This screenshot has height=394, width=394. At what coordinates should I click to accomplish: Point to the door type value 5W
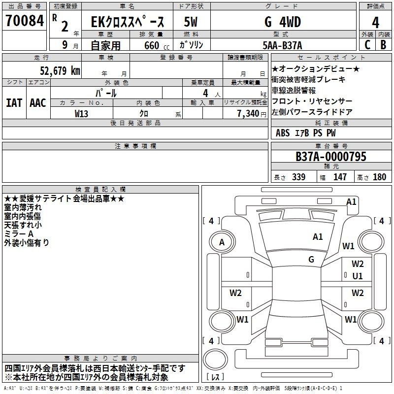192,22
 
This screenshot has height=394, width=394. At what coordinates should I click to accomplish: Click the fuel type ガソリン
191,45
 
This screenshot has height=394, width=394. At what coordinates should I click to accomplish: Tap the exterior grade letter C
367,45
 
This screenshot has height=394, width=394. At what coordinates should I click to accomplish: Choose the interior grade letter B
384,45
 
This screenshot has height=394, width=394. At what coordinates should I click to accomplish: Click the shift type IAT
14,103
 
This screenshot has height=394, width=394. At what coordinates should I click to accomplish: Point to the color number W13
82,114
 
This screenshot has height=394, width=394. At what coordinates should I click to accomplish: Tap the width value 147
340,177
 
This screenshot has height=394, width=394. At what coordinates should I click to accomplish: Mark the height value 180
379,177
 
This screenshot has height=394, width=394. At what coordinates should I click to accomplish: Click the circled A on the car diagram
222,242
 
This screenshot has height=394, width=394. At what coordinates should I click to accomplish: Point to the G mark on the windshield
311,260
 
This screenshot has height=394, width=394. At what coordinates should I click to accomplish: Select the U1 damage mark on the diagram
358,276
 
